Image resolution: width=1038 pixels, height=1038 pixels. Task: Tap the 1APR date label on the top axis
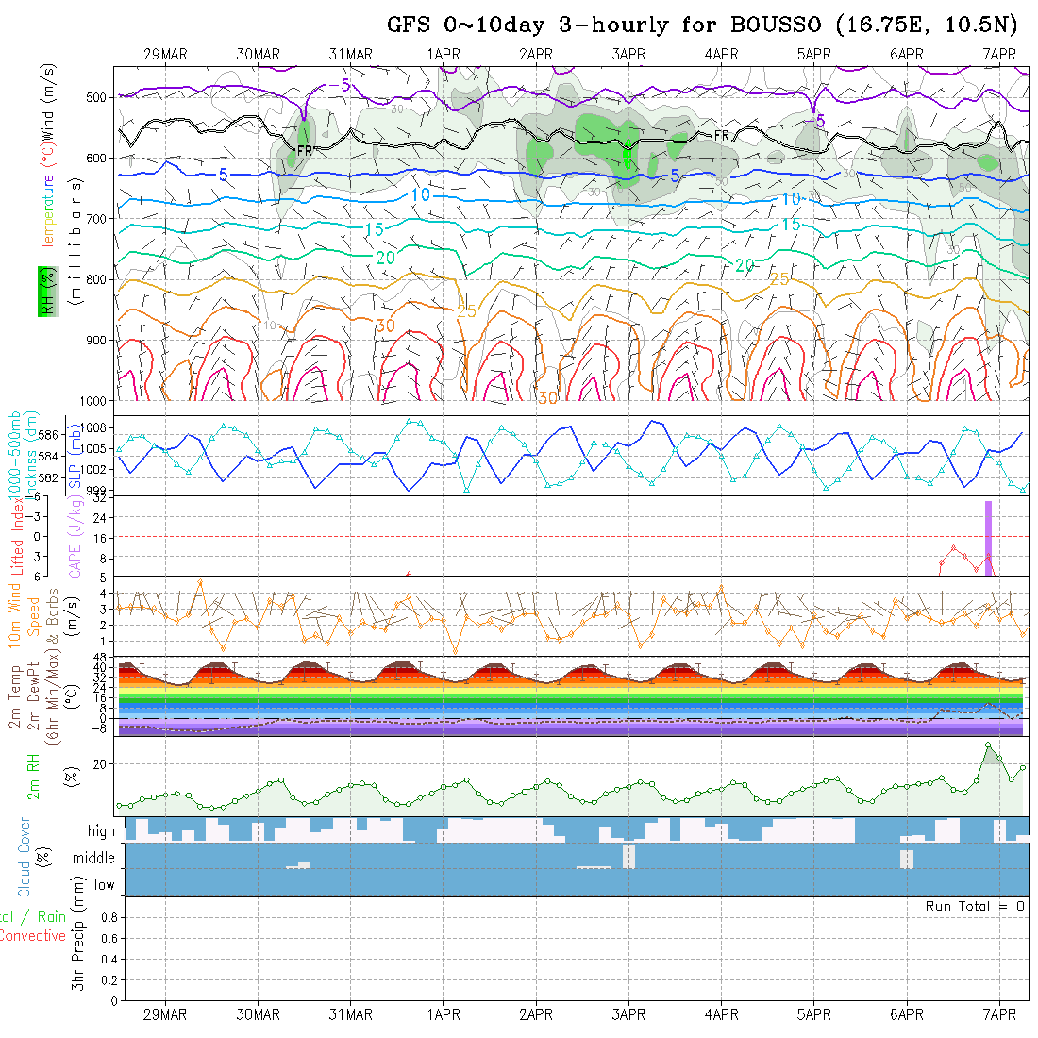444,54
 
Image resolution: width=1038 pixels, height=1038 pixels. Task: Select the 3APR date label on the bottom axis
628,1014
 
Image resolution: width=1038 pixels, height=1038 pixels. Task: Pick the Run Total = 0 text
975,906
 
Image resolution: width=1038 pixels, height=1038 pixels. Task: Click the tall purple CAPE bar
988,538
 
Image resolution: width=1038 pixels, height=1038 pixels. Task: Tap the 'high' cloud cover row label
101,831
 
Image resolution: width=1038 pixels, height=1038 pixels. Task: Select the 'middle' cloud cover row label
93,858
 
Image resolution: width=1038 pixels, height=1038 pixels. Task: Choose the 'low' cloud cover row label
104,884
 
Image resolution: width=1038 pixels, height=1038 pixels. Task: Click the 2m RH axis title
34,777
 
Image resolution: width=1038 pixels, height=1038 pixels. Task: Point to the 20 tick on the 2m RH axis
103,763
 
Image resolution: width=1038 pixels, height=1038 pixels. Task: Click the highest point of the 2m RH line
988,745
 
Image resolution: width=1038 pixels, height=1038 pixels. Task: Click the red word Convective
32,936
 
